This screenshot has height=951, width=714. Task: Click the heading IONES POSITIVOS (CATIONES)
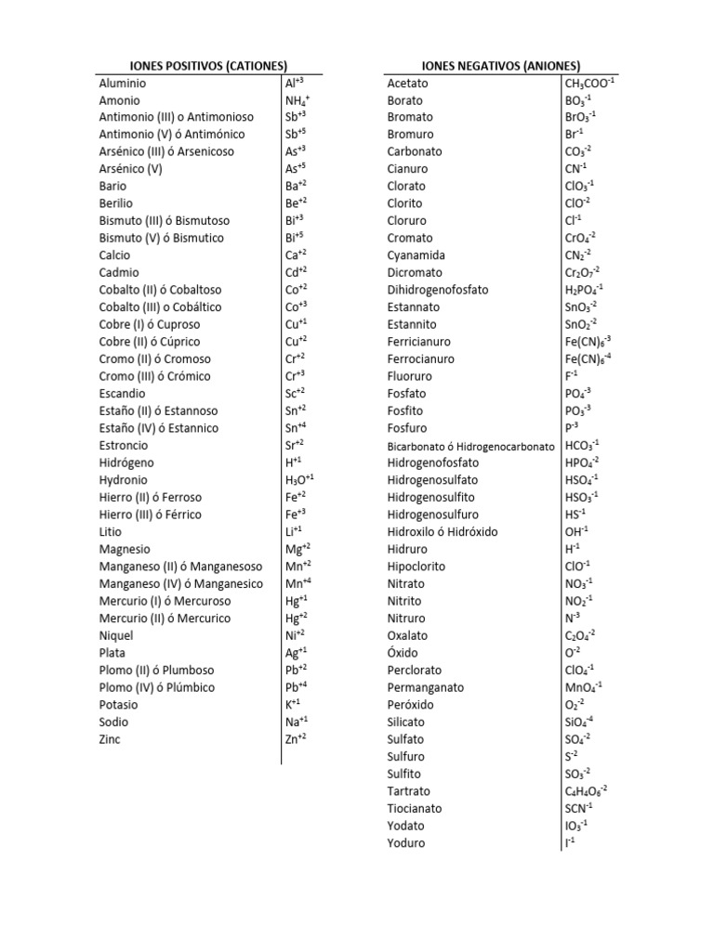tap(192, 66)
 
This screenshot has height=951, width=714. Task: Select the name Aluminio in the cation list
tap(123, 84)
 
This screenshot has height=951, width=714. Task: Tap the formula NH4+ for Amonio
tap(297, 100)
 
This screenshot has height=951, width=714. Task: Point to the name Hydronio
tap(125, 480)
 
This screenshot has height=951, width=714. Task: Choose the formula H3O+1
tap(300, 480)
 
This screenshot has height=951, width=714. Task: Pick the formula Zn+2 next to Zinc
tap(297, 739)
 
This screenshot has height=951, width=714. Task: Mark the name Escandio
tap(125, 394)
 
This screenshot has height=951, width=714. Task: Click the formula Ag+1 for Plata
tap(297, 653)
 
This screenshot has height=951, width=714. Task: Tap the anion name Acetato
tap(408, 84)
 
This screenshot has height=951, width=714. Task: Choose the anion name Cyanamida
tap(416, 255)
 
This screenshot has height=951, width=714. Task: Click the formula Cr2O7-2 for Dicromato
tap(583, 273)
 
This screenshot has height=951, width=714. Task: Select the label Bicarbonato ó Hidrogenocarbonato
tap(470, 446)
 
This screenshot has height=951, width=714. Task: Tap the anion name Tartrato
tap(409, 791)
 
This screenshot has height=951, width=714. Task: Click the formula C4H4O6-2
tap(586, 791)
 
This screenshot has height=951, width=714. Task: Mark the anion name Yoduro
tap(406, 843)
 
